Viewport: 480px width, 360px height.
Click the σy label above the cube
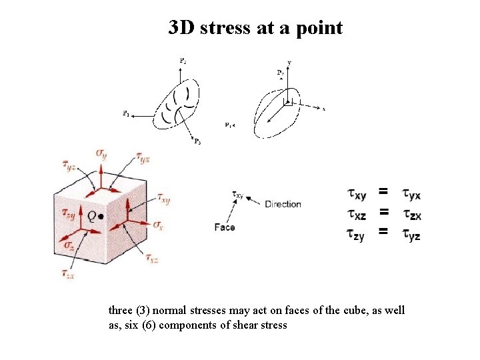(101, 154)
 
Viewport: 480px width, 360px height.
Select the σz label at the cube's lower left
(69, 245)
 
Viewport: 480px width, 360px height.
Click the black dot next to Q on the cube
(101, 216)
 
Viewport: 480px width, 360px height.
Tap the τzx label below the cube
(67, 273)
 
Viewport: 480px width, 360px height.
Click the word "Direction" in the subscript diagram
(283, 204)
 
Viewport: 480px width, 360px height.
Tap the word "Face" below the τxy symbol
(225, 227)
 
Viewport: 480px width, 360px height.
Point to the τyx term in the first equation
(411, 195)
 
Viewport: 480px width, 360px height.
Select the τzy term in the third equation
(355, 234)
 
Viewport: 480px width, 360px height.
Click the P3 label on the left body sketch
(197, 141)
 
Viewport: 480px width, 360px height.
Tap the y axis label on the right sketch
(289, 63)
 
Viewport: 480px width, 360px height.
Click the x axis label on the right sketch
(324, 109)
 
